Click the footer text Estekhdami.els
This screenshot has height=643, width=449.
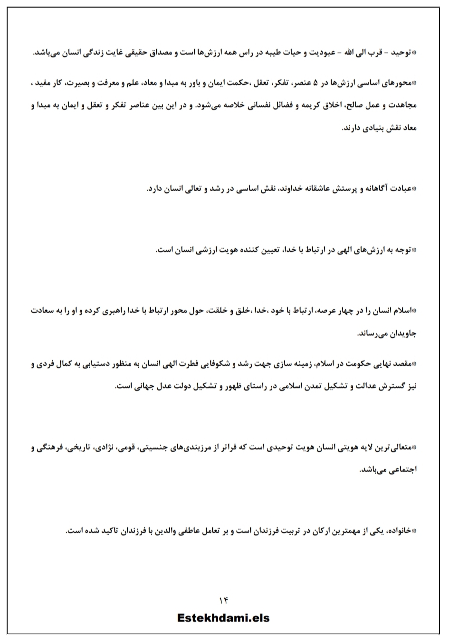point(223,617)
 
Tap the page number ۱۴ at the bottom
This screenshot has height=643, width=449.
point(224,600)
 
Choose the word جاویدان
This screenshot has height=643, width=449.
point(401,333)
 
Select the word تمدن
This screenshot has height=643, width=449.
point(306,386)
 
